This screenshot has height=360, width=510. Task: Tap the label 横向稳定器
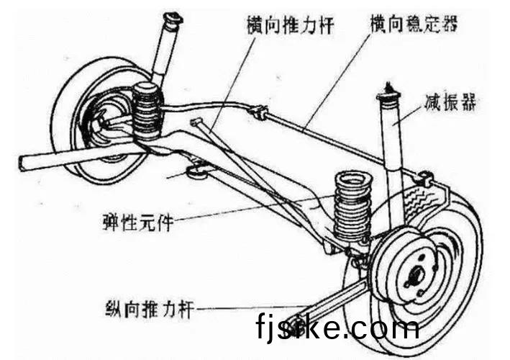click(414, 24)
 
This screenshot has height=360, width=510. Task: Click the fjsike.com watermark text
click(337, 328)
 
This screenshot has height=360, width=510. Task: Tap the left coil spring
click(147, 112)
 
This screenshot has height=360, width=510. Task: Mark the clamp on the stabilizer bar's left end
click(257, 112)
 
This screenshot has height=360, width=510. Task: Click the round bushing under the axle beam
click(196, 171)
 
